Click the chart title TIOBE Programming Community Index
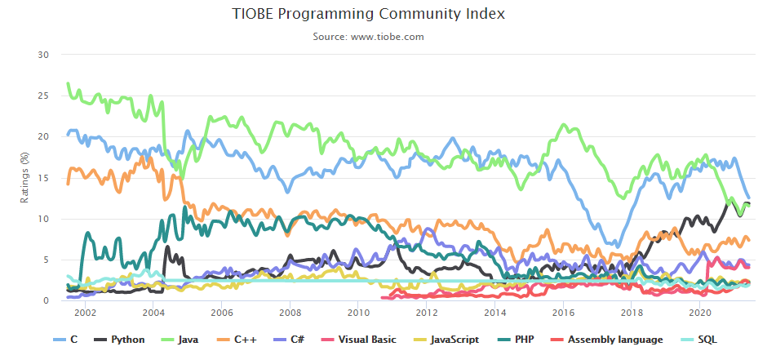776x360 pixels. pyautogui.click(x=368, y=14)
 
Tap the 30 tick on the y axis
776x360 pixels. pyautogui.click(x=44, y=55)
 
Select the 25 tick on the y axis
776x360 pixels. pyautogui.click(x=44, y=96)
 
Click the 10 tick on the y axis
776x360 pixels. pyautogui.click(x=44, y=219)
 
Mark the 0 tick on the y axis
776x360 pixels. pyautogui.click(x=47, y=300)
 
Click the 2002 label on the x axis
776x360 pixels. pyautogui.click(x=86, y=313)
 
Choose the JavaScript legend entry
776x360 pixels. pyautogui.click(x=446, y=340)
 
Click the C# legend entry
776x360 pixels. pyautogui.click(x=296, y=340)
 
